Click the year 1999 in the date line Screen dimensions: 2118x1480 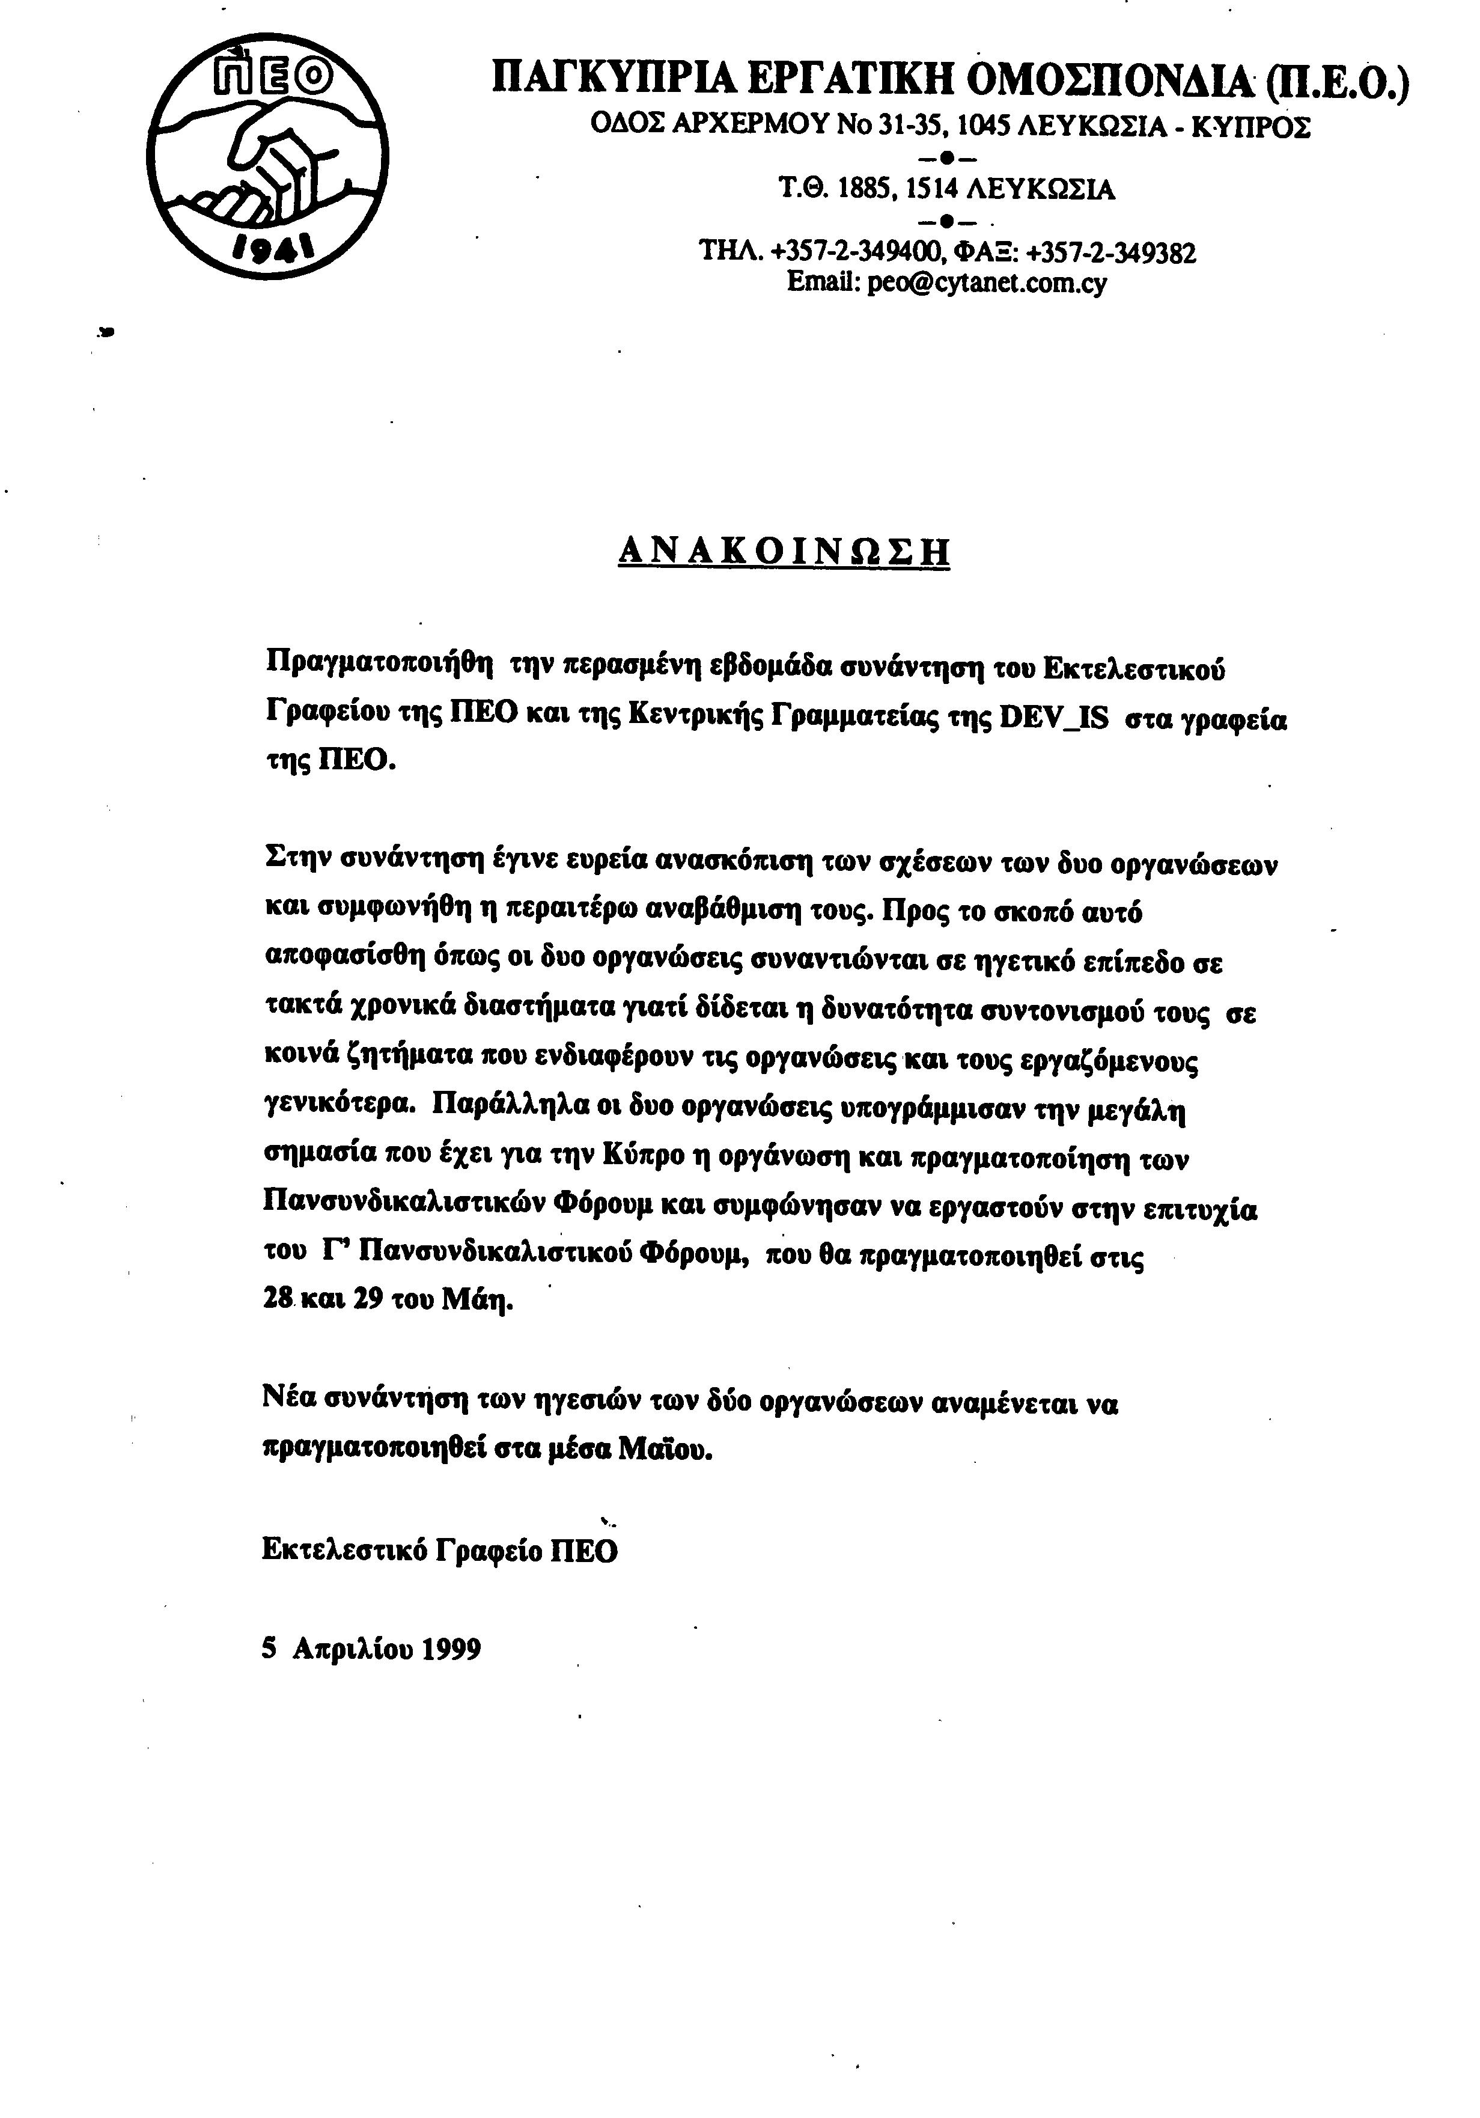click(x=451, y=1649)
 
